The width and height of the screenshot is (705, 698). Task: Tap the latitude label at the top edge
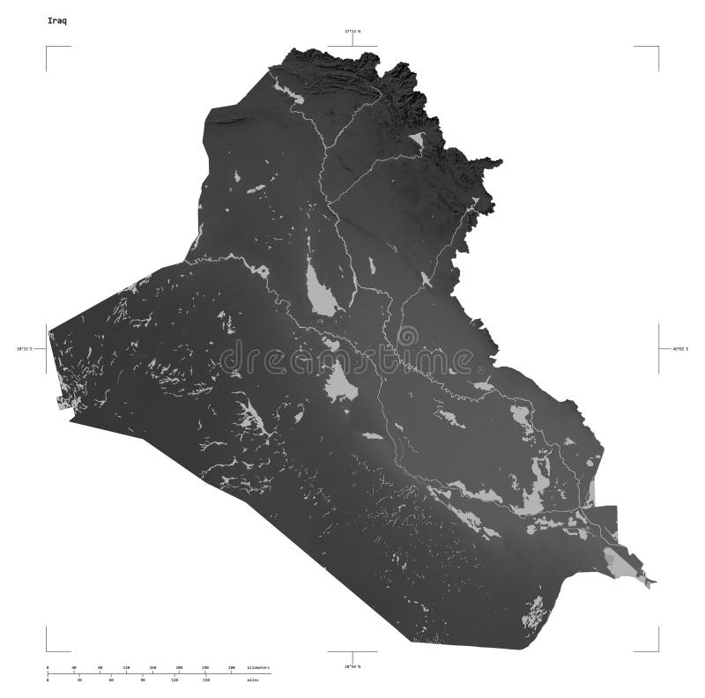(x=352, y=32)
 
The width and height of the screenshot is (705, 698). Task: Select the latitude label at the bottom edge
(x=352, y=666)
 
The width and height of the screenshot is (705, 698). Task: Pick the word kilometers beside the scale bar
(x=259, y=667)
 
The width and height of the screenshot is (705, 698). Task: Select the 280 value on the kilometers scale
(x=231, y=667)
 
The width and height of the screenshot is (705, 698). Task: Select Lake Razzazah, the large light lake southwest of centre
(x=338, y=382)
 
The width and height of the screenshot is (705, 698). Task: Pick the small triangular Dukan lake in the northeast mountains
(x=417, y=140)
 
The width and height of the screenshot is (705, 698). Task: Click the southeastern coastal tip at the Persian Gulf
(x=652, y=582)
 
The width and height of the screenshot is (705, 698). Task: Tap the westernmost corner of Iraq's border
(x=49, y=332)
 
